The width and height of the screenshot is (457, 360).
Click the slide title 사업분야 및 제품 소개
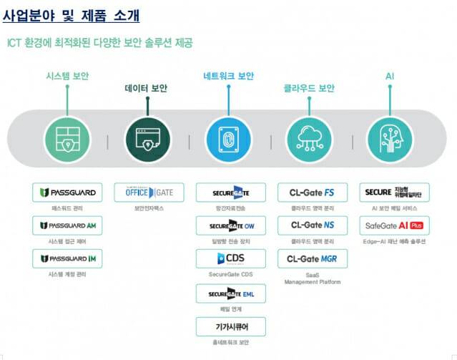71,14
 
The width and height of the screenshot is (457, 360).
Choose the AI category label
389,76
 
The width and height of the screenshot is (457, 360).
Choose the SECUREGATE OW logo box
230,225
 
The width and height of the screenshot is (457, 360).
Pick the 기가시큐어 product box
230,326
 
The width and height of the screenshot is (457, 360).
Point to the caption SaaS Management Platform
312,278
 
